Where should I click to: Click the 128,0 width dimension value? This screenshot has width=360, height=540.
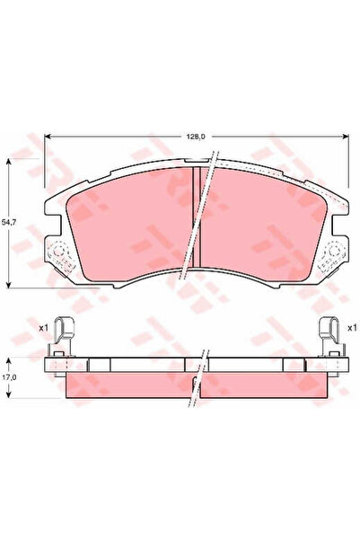197,136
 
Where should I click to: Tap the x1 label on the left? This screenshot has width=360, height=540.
43,329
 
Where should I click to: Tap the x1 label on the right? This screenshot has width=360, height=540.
352,329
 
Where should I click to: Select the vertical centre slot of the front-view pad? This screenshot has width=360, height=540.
197,216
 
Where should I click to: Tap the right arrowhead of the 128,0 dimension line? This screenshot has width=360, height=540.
347,137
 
